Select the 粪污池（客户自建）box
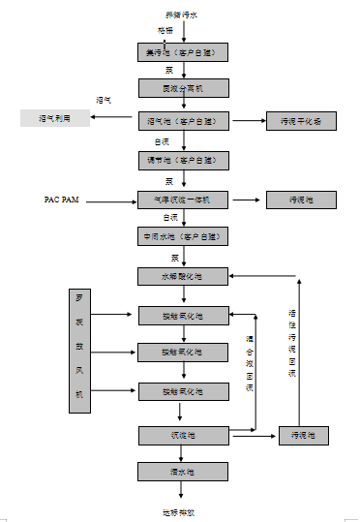(183, 51)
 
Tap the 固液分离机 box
(183, 87)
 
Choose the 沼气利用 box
(54, 118)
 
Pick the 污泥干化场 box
(300, 122)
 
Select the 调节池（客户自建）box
(183, 160)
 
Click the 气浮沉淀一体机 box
(183, 200)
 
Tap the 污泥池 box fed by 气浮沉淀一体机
(300, 200)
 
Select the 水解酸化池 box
(183, 277)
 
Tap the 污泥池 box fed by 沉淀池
(303, 435)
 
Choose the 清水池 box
(183, 472)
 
